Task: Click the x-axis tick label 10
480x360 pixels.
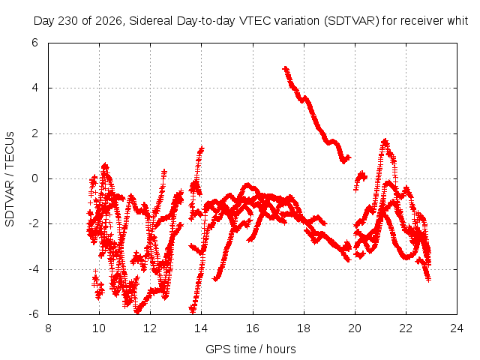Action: coord(99,328)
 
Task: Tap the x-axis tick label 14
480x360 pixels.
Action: coord(201,328)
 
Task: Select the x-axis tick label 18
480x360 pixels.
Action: coord(304,328)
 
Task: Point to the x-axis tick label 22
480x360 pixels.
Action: coord(406,328)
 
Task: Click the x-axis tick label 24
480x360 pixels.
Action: coord(457,328)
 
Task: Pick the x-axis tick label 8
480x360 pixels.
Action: coord(48,328)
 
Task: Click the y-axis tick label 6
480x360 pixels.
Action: coord(34,43)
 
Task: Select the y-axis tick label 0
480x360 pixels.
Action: coord(34,178)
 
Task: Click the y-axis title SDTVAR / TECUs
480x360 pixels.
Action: coord(10,179)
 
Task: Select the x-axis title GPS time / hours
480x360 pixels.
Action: coord(250,349)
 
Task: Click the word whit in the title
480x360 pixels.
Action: coord(457,21)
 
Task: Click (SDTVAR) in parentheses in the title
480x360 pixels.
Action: coord(352,21)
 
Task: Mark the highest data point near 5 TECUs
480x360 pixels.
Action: coord(285,68)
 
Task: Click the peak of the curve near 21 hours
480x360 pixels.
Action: coord(385,142)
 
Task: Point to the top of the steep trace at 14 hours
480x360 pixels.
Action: coord(202,148)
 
